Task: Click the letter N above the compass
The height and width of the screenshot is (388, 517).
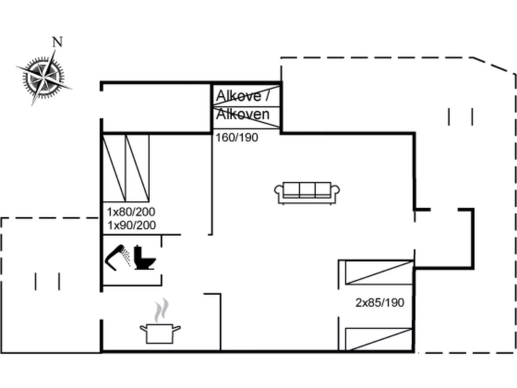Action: coord(58,42)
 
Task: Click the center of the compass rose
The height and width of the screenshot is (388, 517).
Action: coord(43,78)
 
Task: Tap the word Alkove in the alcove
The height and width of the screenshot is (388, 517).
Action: coord(238,96)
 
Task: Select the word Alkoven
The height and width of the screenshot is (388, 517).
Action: coord(243,114)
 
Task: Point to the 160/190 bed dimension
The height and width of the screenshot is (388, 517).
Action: coord(237,137)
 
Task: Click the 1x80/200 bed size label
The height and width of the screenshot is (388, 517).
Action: coord(131,212)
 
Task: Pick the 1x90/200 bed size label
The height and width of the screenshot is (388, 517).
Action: coord(132,225)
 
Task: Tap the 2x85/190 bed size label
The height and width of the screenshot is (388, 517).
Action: coord(380,302)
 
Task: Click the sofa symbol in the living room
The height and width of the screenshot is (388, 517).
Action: coord(307,193)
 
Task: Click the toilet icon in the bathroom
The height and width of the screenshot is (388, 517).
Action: coord(145,257)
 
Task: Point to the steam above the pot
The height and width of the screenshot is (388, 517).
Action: coord(162,310)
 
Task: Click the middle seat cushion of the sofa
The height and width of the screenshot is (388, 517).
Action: coord(307,190)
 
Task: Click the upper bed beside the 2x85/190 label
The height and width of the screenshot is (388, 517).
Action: coord(379,272)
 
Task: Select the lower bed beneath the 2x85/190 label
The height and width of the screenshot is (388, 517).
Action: coord(379,339)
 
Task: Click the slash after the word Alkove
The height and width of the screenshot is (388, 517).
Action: coord(267,96)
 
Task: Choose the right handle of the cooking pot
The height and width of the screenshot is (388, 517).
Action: coord(177,328)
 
